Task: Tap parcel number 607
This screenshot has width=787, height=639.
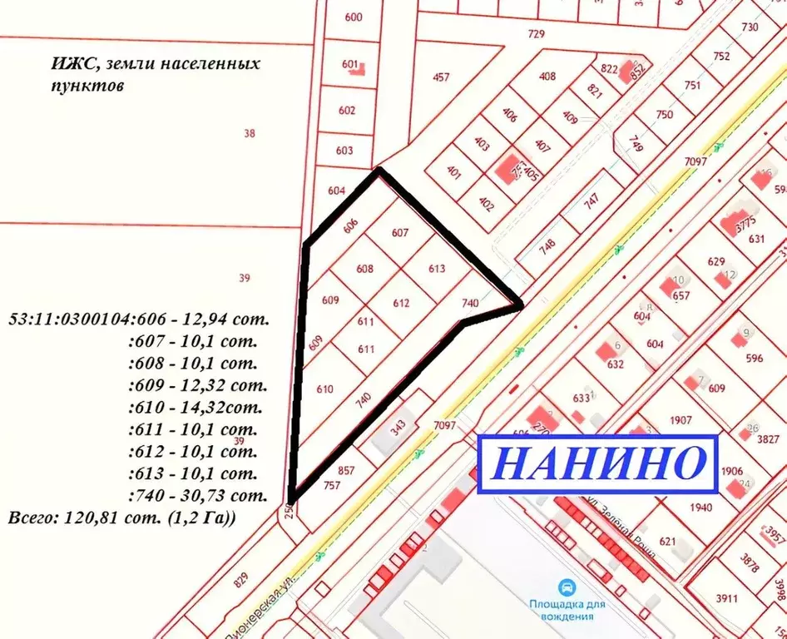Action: tap(400, 233)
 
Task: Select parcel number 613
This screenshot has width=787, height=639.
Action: tap(437, 269)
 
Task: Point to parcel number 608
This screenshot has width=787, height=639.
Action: tap(364, 269)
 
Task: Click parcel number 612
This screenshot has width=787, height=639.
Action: tap(402, 304)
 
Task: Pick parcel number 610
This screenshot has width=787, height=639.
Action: tap(324, 389)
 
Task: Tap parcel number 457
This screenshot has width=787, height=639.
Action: tap(441, 77)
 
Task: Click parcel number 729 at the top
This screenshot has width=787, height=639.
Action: tap(536, 34)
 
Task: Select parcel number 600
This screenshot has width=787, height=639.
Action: tap(353, 17)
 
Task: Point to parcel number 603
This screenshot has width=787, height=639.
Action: tap(344, 151)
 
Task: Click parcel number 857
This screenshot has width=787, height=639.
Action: tap(347, 470)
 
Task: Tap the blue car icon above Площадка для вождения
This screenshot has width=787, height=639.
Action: tap(566, 586)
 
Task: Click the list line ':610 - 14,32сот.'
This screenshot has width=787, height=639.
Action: tap(195, 408)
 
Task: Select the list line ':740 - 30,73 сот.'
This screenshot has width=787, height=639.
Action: tap(197, 495)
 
